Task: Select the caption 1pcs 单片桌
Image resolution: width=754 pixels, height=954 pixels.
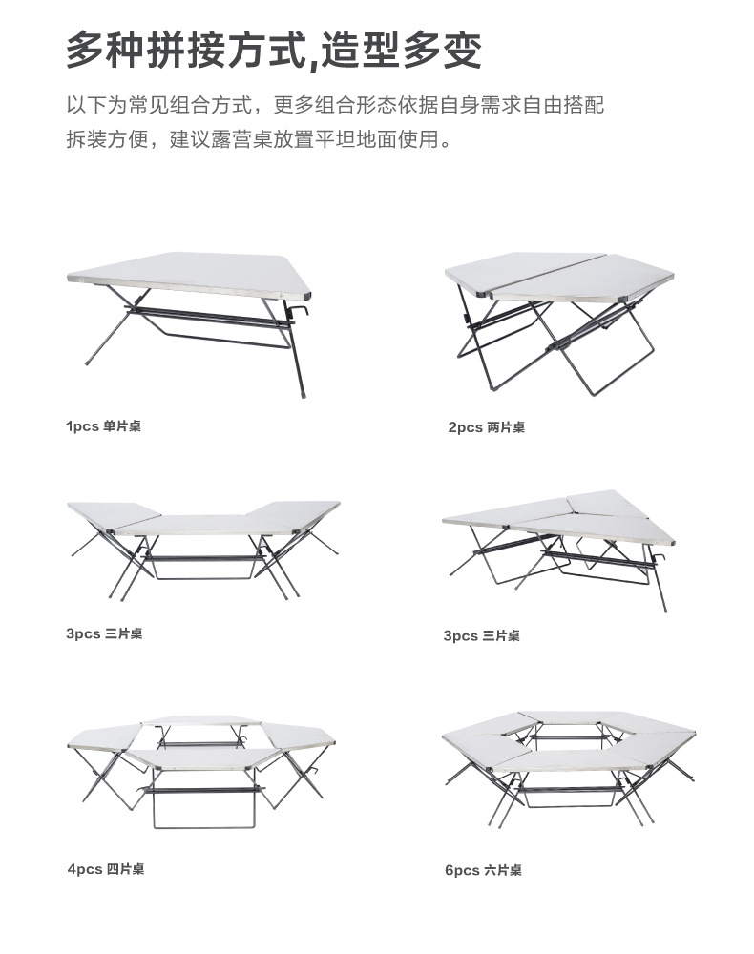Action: click(103, 426)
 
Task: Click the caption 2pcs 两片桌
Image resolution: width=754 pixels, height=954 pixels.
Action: click(486, 427)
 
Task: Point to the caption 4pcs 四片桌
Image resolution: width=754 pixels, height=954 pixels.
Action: click(106, 869)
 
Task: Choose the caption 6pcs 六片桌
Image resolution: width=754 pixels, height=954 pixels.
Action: click(483, 870)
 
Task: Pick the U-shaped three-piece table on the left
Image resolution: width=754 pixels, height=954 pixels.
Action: click(202, 544)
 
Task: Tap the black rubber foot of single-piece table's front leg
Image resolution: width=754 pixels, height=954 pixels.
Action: click(302, 390)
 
